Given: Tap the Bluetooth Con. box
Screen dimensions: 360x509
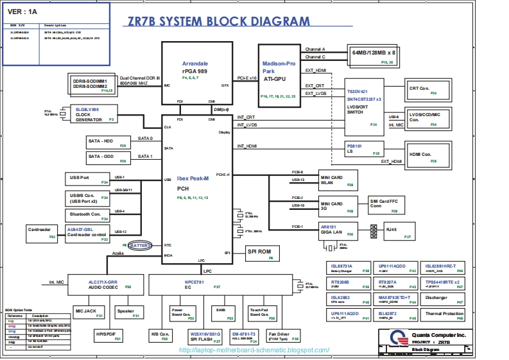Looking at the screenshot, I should pyautogui.click(x=87, y=214).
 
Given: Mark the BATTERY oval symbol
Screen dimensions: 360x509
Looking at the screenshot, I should pyautogui.click(x=141, y=245).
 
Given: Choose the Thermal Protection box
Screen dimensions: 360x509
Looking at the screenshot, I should pyautogui.click(x=444, y=314).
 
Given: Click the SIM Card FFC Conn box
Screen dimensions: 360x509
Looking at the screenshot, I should pyautogui.click(x=386, y=205).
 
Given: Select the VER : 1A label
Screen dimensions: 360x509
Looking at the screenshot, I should pyautogui.click(x=23, y=11).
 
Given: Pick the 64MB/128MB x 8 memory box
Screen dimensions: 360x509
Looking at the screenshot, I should pyautogui.click(x=374, y=56).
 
